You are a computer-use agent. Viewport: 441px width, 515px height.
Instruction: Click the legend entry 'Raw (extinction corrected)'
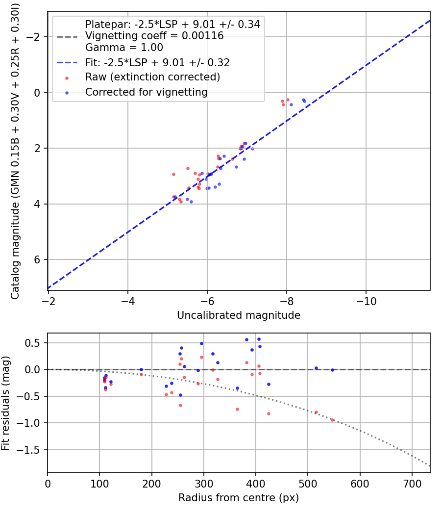coord(152,77)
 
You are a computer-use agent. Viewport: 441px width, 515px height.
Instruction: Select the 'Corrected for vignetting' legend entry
coord(146,92)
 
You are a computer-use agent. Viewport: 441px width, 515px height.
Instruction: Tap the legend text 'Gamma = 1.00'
coord(124,48)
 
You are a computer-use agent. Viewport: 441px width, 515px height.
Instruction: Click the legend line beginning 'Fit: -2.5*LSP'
coord(157,62)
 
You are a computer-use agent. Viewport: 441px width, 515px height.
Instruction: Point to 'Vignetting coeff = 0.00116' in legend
coord(154,36)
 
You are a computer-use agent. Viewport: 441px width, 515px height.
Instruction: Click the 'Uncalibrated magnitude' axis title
coord(239,315)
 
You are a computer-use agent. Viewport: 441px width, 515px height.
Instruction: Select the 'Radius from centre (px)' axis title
coord(239,498)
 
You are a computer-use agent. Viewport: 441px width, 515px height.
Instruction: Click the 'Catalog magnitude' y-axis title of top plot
coord(15,150)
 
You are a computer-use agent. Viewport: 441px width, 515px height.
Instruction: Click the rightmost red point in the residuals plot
coord(332,420)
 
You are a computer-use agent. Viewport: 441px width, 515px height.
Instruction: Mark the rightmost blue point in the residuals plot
coord(332,370)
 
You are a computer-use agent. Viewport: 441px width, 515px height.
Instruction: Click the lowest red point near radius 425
coord(269,413)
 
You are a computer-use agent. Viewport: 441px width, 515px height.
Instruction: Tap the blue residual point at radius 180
coord(141,370)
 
